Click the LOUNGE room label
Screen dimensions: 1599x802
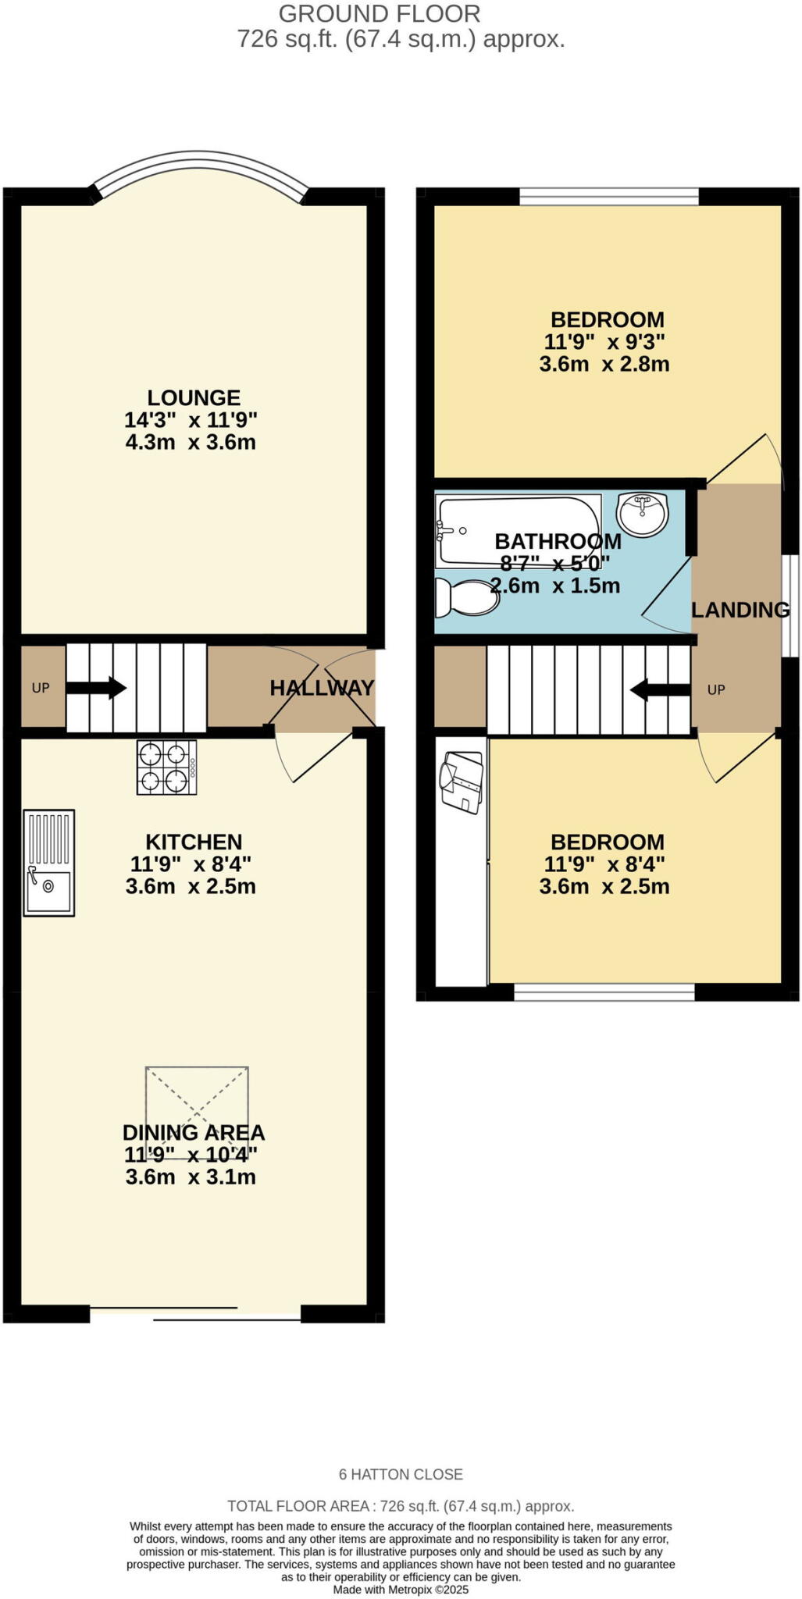[194, 397]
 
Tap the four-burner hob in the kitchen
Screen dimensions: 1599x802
[166, 767]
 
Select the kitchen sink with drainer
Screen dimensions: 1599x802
[48, 862]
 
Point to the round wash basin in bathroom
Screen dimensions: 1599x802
[642, 513]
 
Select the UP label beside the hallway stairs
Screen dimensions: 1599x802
[41, 688]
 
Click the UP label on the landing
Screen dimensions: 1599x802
[716, 689]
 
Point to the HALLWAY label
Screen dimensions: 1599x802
[322, 688]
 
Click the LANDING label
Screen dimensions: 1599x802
[740, 610]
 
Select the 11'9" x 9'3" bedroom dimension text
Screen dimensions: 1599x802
[604, 342]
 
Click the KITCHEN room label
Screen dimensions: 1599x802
[194, 842]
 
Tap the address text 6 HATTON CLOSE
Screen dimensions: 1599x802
[401, 1474]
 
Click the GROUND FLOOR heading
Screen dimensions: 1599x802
[380, 13]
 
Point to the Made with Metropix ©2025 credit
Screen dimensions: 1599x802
[401, 1589]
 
